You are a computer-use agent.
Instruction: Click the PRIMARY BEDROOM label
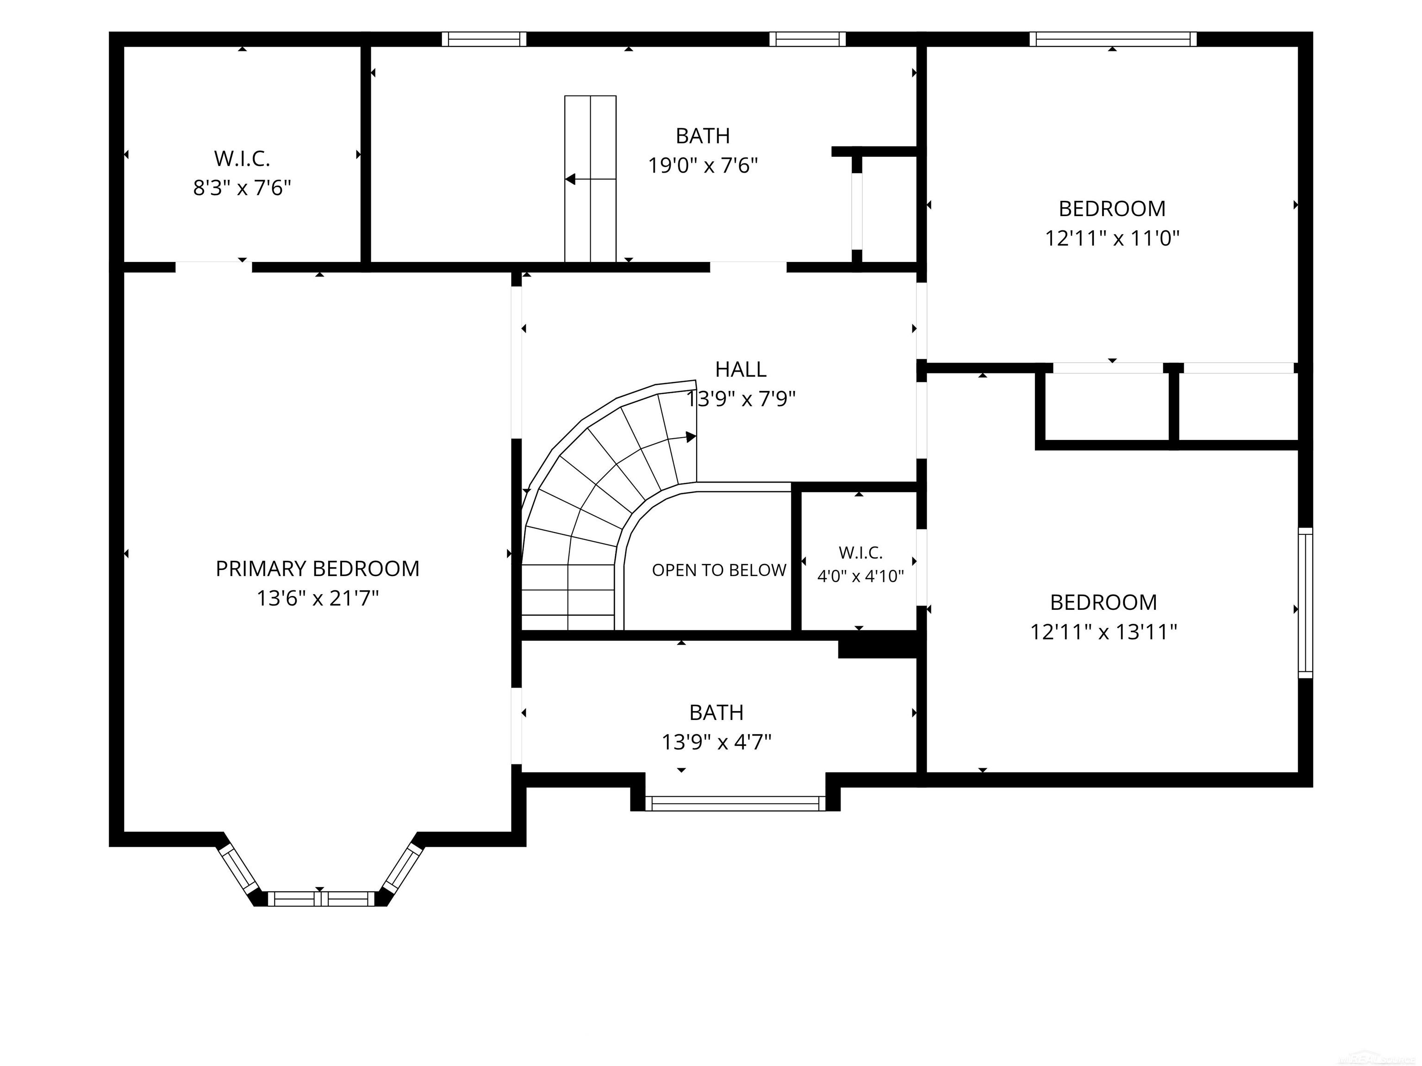(x=318, y=569)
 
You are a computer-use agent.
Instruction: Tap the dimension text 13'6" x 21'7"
(x=318, y=599)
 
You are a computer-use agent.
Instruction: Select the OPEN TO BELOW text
(x=719, y=570)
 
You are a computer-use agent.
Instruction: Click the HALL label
(x=741, y=370)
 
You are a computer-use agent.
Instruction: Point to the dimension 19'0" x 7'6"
(x=703, y=166)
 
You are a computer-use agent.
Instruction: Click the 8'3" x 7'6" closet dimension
(x=243, y=188)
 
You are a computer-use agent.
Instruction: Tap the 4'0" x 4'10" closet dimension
(x=860, y=576)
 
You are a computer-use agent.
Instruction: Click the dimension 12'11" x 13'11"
(x=1104, y=632)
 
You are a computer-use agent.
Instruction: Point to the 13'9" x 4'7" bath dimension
(x=717, y=743)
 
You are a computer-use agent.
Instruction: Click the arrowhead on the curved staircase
(x=691, y=437)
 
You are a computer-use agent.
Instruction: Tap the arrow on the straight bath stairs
(x=590, y=179)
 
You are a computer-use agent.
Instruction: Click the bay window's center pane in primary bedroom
(x=320, y=899)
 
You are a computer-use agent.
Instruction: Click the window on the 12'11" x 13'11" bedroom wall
(x=1305, y=603)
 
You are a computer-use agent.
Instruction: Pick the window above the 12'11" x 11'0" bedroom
(x=1113, y=39)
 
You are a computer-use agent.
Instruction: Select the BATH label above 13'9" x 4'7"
(x=716, y=713)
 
